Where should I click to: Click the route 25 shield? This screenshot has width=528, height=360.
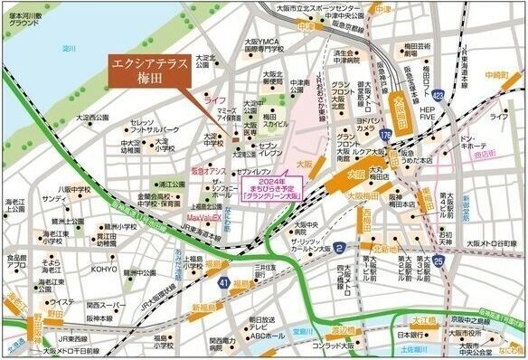coord(438,261)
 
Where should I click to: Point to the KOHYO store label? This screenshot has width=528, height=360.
coord(104,269)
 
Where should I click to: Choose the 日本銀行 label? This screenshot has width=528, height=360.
coord(412,335)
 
